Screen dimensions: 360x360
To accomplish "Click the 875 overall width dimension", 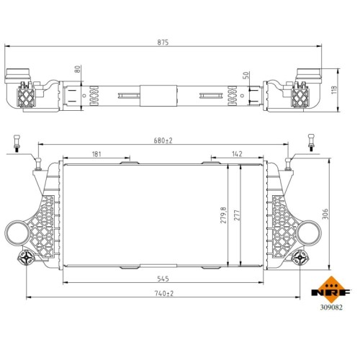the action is click(x=163, y=42).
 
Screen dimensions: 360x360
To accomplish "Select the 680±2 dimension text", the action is click(x=163, y=140).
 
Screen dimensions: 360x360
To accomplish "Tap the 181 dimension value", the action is click(x=96, y=154).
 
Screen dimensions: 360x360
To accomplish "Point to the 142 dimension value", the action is click(x=237, y=154).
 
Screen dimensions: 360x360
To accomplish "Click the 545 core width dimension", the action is click(x=163, y=279).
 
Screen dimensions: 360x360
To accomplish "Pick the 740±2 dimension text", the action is click(x=164, y=293).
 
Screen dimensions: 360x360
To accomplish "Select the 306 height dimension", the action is click(x=325, y=214).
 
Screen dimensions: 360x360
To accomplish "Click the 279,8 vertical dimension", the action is click(x=223, y=215).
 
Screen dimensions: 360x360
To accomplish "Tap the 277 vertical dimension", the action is click(x=237, y=215).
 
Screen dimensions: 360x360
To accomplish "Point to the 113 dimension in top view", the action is click(x=334, y=90).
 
